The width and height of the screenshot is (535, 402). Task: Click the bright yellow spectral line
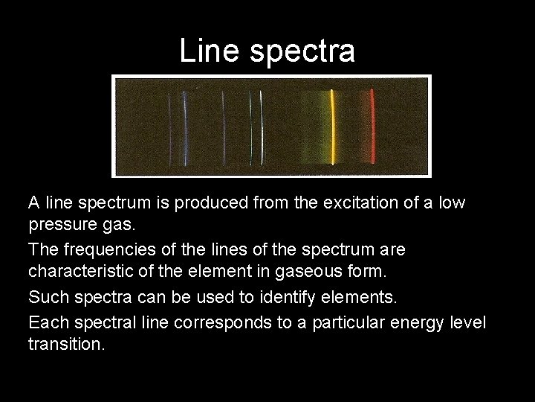tap(332, 127)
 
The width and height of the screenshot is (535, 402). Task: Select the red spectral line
tap(372, 127)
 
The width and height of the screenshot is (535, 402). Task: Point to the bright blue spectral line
tap(185, 127)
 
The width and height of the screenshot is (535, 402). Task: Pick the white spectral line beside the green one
tap(261, 127)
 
